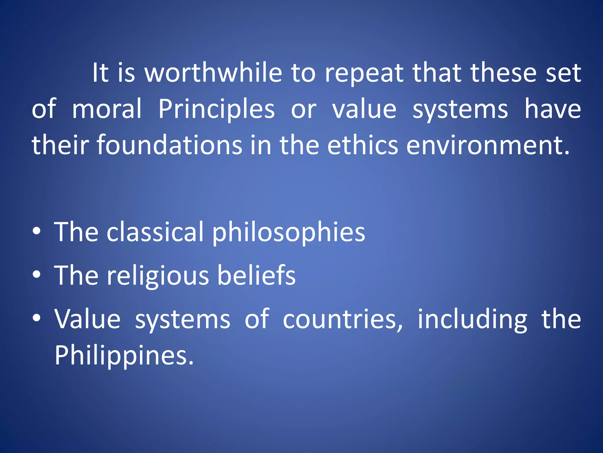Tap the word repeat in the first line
tap(364, 74)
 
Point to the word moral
tap(107, 109)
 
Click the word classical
tap(155, 232)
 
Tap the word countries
tap(342, 319)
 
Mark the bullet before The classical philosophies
tap(37, 232)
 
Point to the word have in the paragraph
tap(553, 109)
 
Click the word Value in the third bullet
tap(87, 319)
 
